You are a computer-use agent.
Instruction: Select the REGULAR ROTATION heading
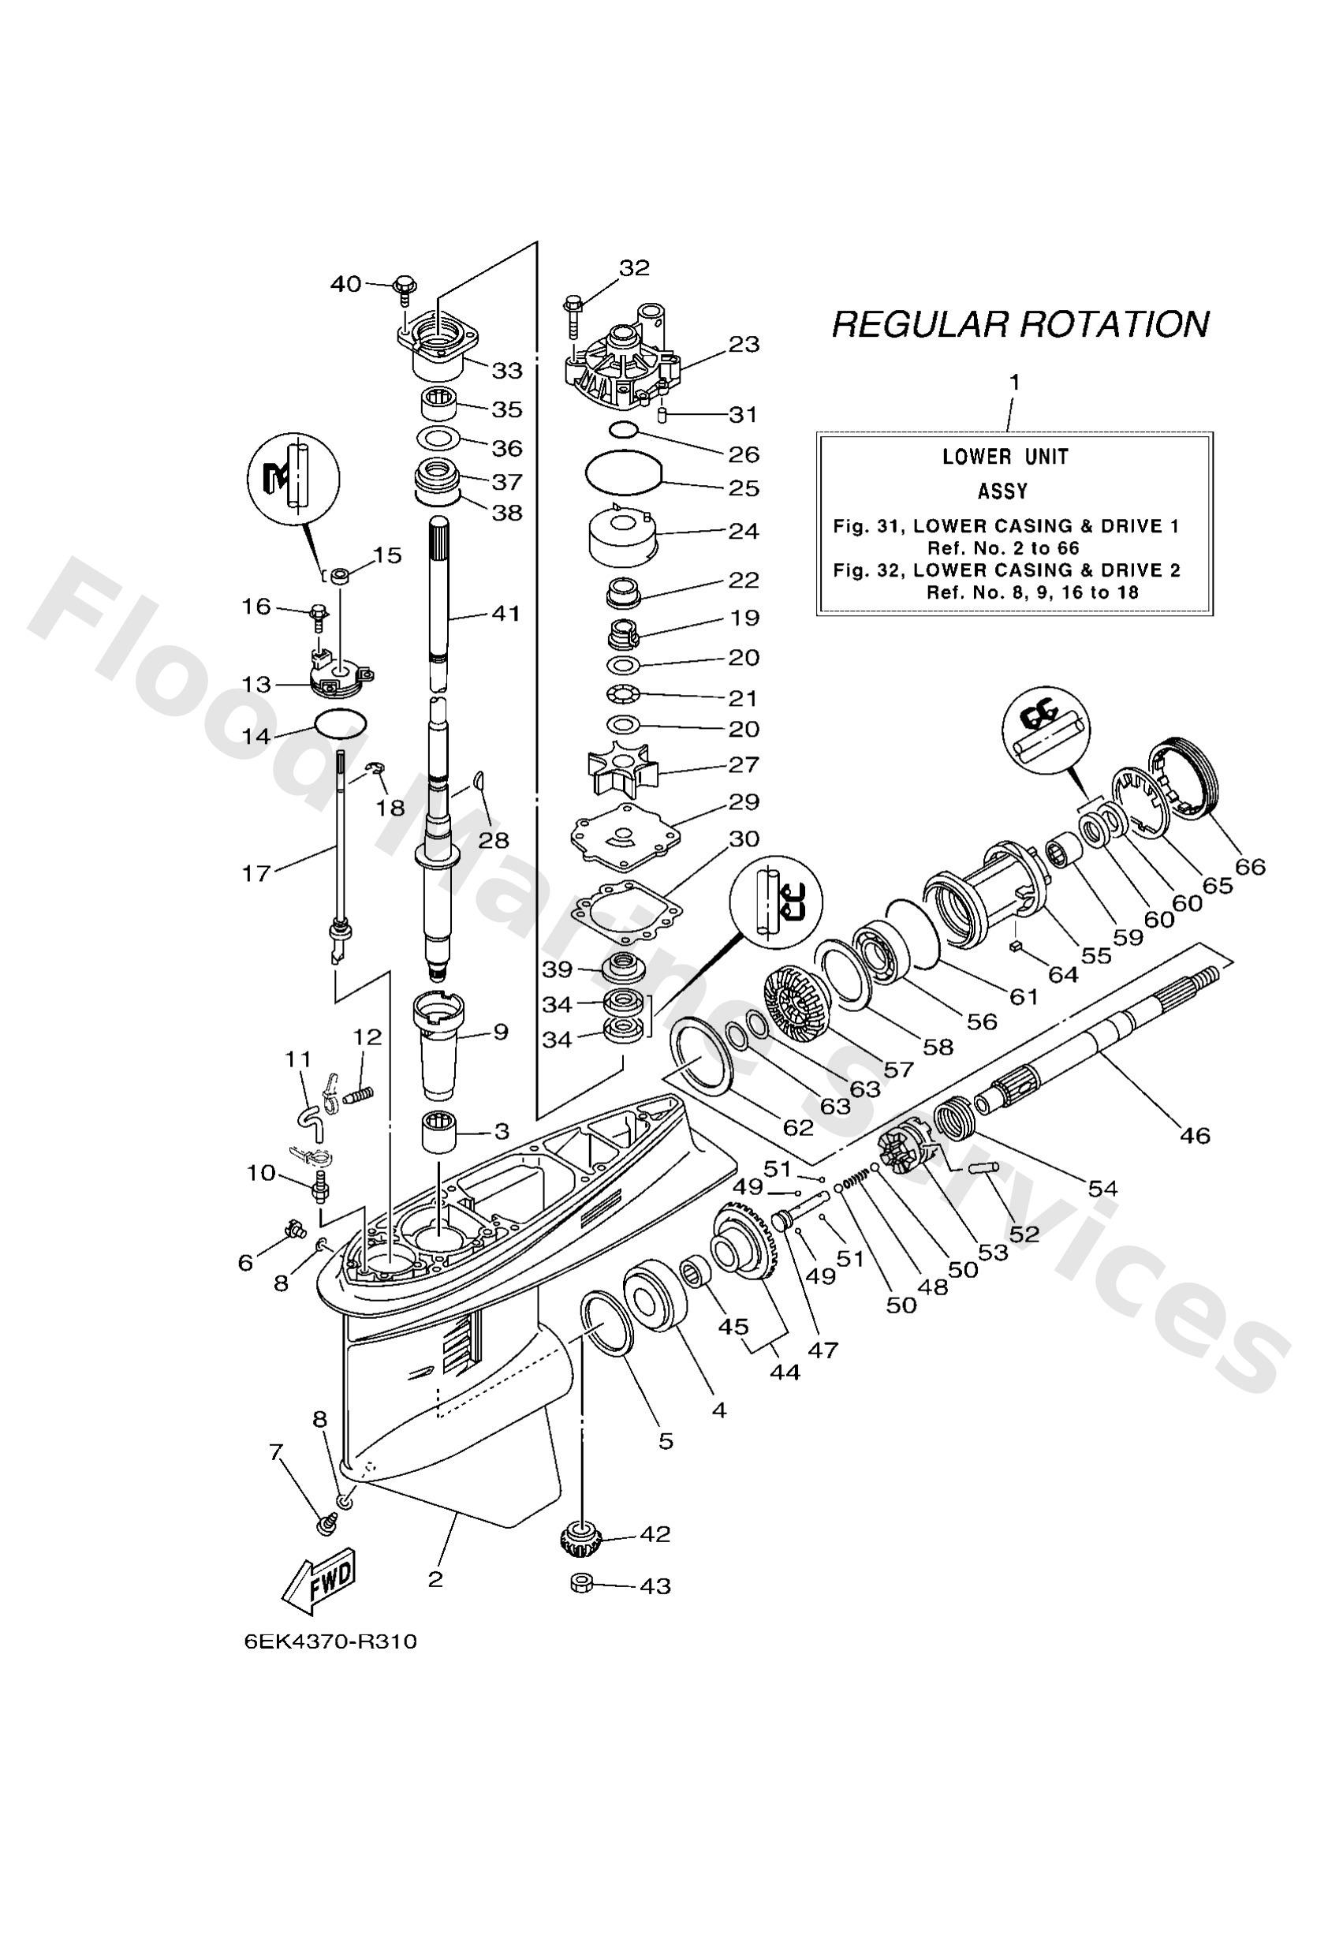1020,324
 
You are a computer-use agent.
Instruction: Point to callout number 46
1193,1135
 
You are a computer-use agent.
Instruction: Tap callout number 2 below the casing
435,1578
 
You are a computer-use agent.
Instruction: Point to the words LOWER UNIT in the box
1005,458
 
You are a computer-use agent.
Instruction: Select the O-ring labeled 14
340,722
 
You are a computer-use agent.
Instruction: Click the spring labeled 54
953,1119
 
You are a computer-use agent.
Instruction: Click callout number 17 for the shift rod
257,873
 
